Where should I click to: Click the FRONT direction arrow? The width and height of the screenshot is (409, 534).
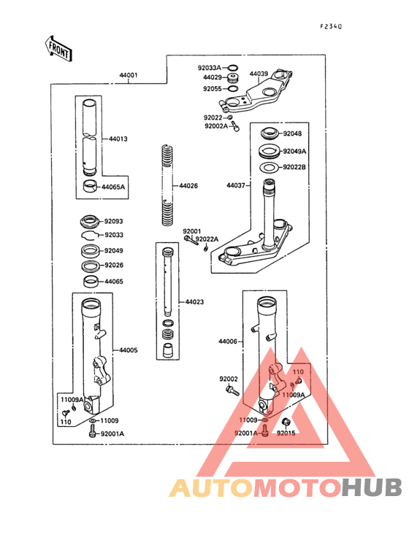point(58,49)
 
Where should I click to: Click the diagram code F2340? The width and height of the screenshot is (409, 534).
point(331,26)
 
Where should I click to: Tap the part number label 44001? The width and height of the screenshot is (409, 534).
point(129,75)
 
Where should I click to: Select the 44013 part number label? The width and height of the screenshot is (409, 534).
point(118,139)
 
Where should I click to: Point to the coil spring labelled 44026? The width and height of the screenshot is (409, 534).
point(167,185)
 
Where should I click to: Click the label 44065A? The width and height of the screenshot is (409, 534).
point(113,187)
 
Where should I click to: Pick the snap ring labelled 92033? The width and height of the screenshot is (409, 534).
point(90,235)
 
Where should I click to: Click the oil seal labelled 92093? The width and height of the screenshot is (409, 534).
point(91,222)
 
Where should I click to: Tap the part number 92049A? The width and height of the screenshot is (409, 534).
point(295,151)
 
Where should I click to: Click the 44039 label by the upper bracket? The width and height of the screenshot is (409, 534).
point(259,74)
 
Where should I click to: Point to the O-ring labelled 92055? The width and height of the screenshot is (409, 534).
point(233,89)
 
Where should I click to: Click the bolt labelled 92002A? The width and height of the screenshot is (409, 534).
point(235,126)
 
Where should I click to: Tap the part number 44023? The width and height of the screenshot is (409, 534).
point(194,302)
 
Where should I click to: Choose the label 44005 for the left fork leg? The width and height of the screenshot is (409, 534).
point(129,350)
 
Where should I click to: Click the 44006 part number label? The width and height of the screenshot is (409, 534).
point(228,341)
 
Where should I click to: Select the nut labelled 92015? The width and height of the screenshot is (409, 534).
point(286,422)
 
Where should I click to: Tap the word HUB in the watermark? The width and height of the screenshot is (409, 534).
point(372,487)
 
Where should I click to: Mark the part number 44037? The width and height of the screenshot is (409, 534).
point(236,185)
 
